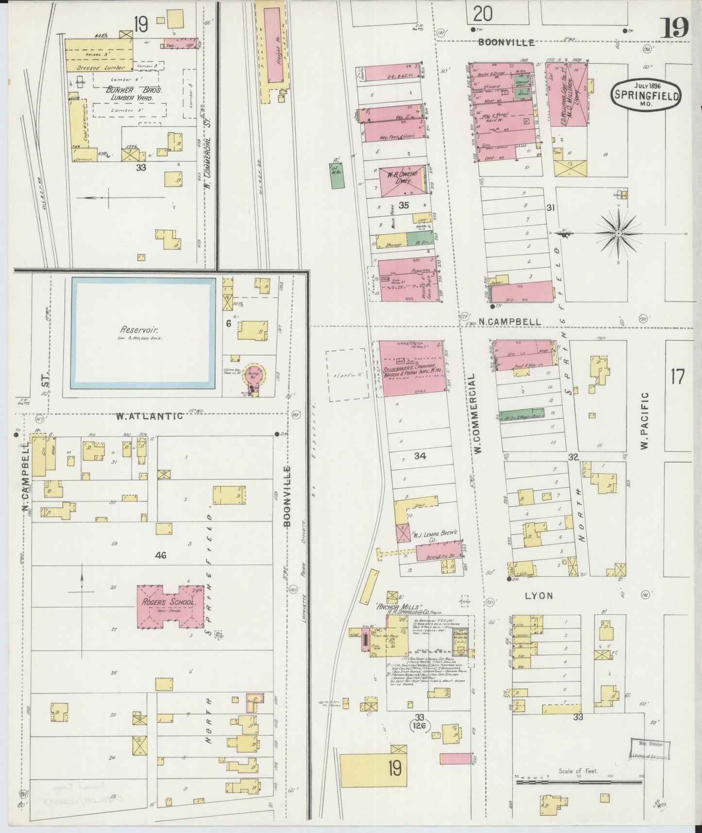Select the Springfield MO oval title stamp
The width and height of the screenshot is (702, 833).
pos(646,95)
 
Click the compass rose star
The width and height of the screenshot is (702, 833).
pos(618,234)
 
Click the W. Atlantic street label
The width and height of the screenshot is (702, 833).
pos(149,416)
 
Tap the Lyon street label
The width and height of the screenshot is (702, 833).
pos(539,596)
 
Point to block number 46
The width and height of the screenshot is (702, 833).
pos(160,555)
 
